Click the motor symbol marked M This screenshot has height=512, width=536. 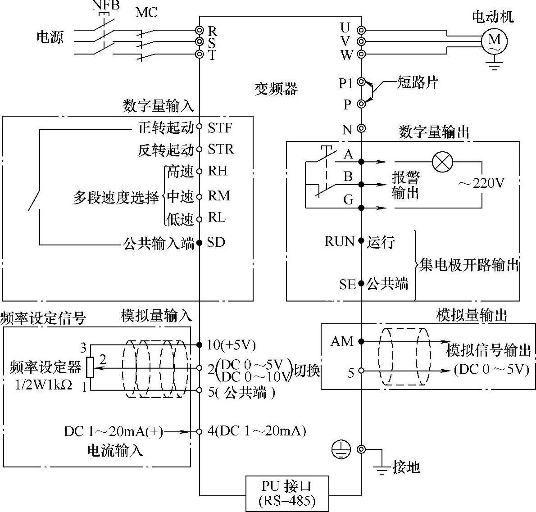(x=494, y=41)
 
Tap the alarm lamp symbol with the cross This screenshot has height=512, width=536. (x=443, y=162)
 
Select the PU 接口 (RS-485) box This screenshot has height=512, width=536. (x=287, y=493)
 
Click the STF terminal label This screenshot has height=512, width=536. (x=220, y=128)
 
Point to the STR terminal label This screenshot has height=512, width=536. (x=221, y=150)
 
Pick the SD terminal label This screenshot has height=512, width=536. (x=216, y=242)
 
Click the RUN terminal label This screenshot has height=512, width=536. (x=340, y=241)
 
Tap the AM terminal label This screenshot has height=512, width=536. (x=342, y=341)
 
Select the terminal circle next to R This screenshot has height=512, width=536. (x=199, y=30)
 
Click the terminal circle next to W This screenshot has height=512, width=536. (x=361, y=54)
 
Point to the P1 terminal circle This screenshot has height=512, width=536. (x=361, y=82)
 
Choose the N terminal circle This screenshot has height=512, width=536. (x=361, y=128)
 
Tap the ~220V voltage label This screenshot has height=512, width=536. (x=481, y=184)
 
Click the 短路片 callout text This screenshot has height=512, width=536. (x=418, y=82)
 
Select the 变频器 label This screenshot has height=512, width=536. (x=276, y=89)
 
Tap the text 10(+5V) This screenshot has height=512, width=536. (x=232, y=345)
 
